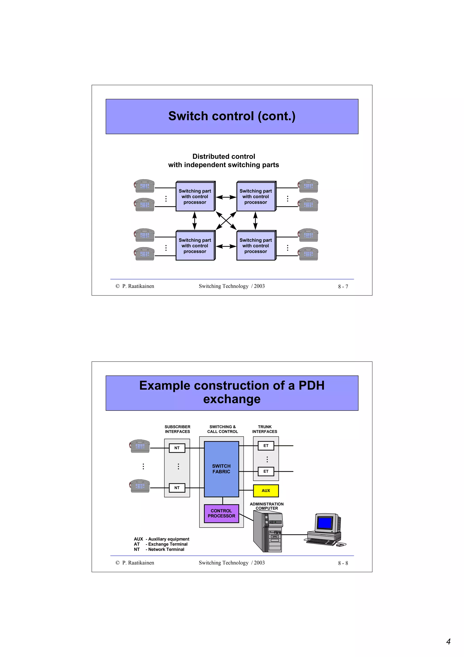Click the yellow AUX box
click(x=266, y=490)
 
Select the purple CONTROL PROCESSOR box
click(x=221, y=513)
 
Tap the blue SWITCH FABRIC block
click(x=221, y=469)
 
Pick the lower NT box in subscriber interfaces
click(x=177, y=488)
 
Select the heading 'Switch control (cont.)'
click(x=232, y=116)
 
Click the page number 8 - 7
click(x=343, y=286)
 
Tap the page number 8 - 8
click(x=343, y=563)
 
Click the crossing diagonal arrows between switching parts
click(x=226, y=221)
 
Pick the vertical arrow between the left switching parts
click(x=194, y=221)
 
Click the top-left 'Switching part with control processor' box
click(x=195, y=197)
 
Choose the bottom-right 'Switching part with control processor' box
click(x=256, y=246)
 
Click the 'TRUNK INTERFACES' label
click(x=264, y=429)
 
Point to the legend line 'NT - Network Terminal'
click(x=159, y=549)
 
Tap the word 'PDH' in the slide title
click(x=311, y=385)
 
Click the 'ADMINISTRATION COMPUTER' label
click(x=266, y=506)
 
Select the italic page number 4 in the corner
click(x=448, y=641)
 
